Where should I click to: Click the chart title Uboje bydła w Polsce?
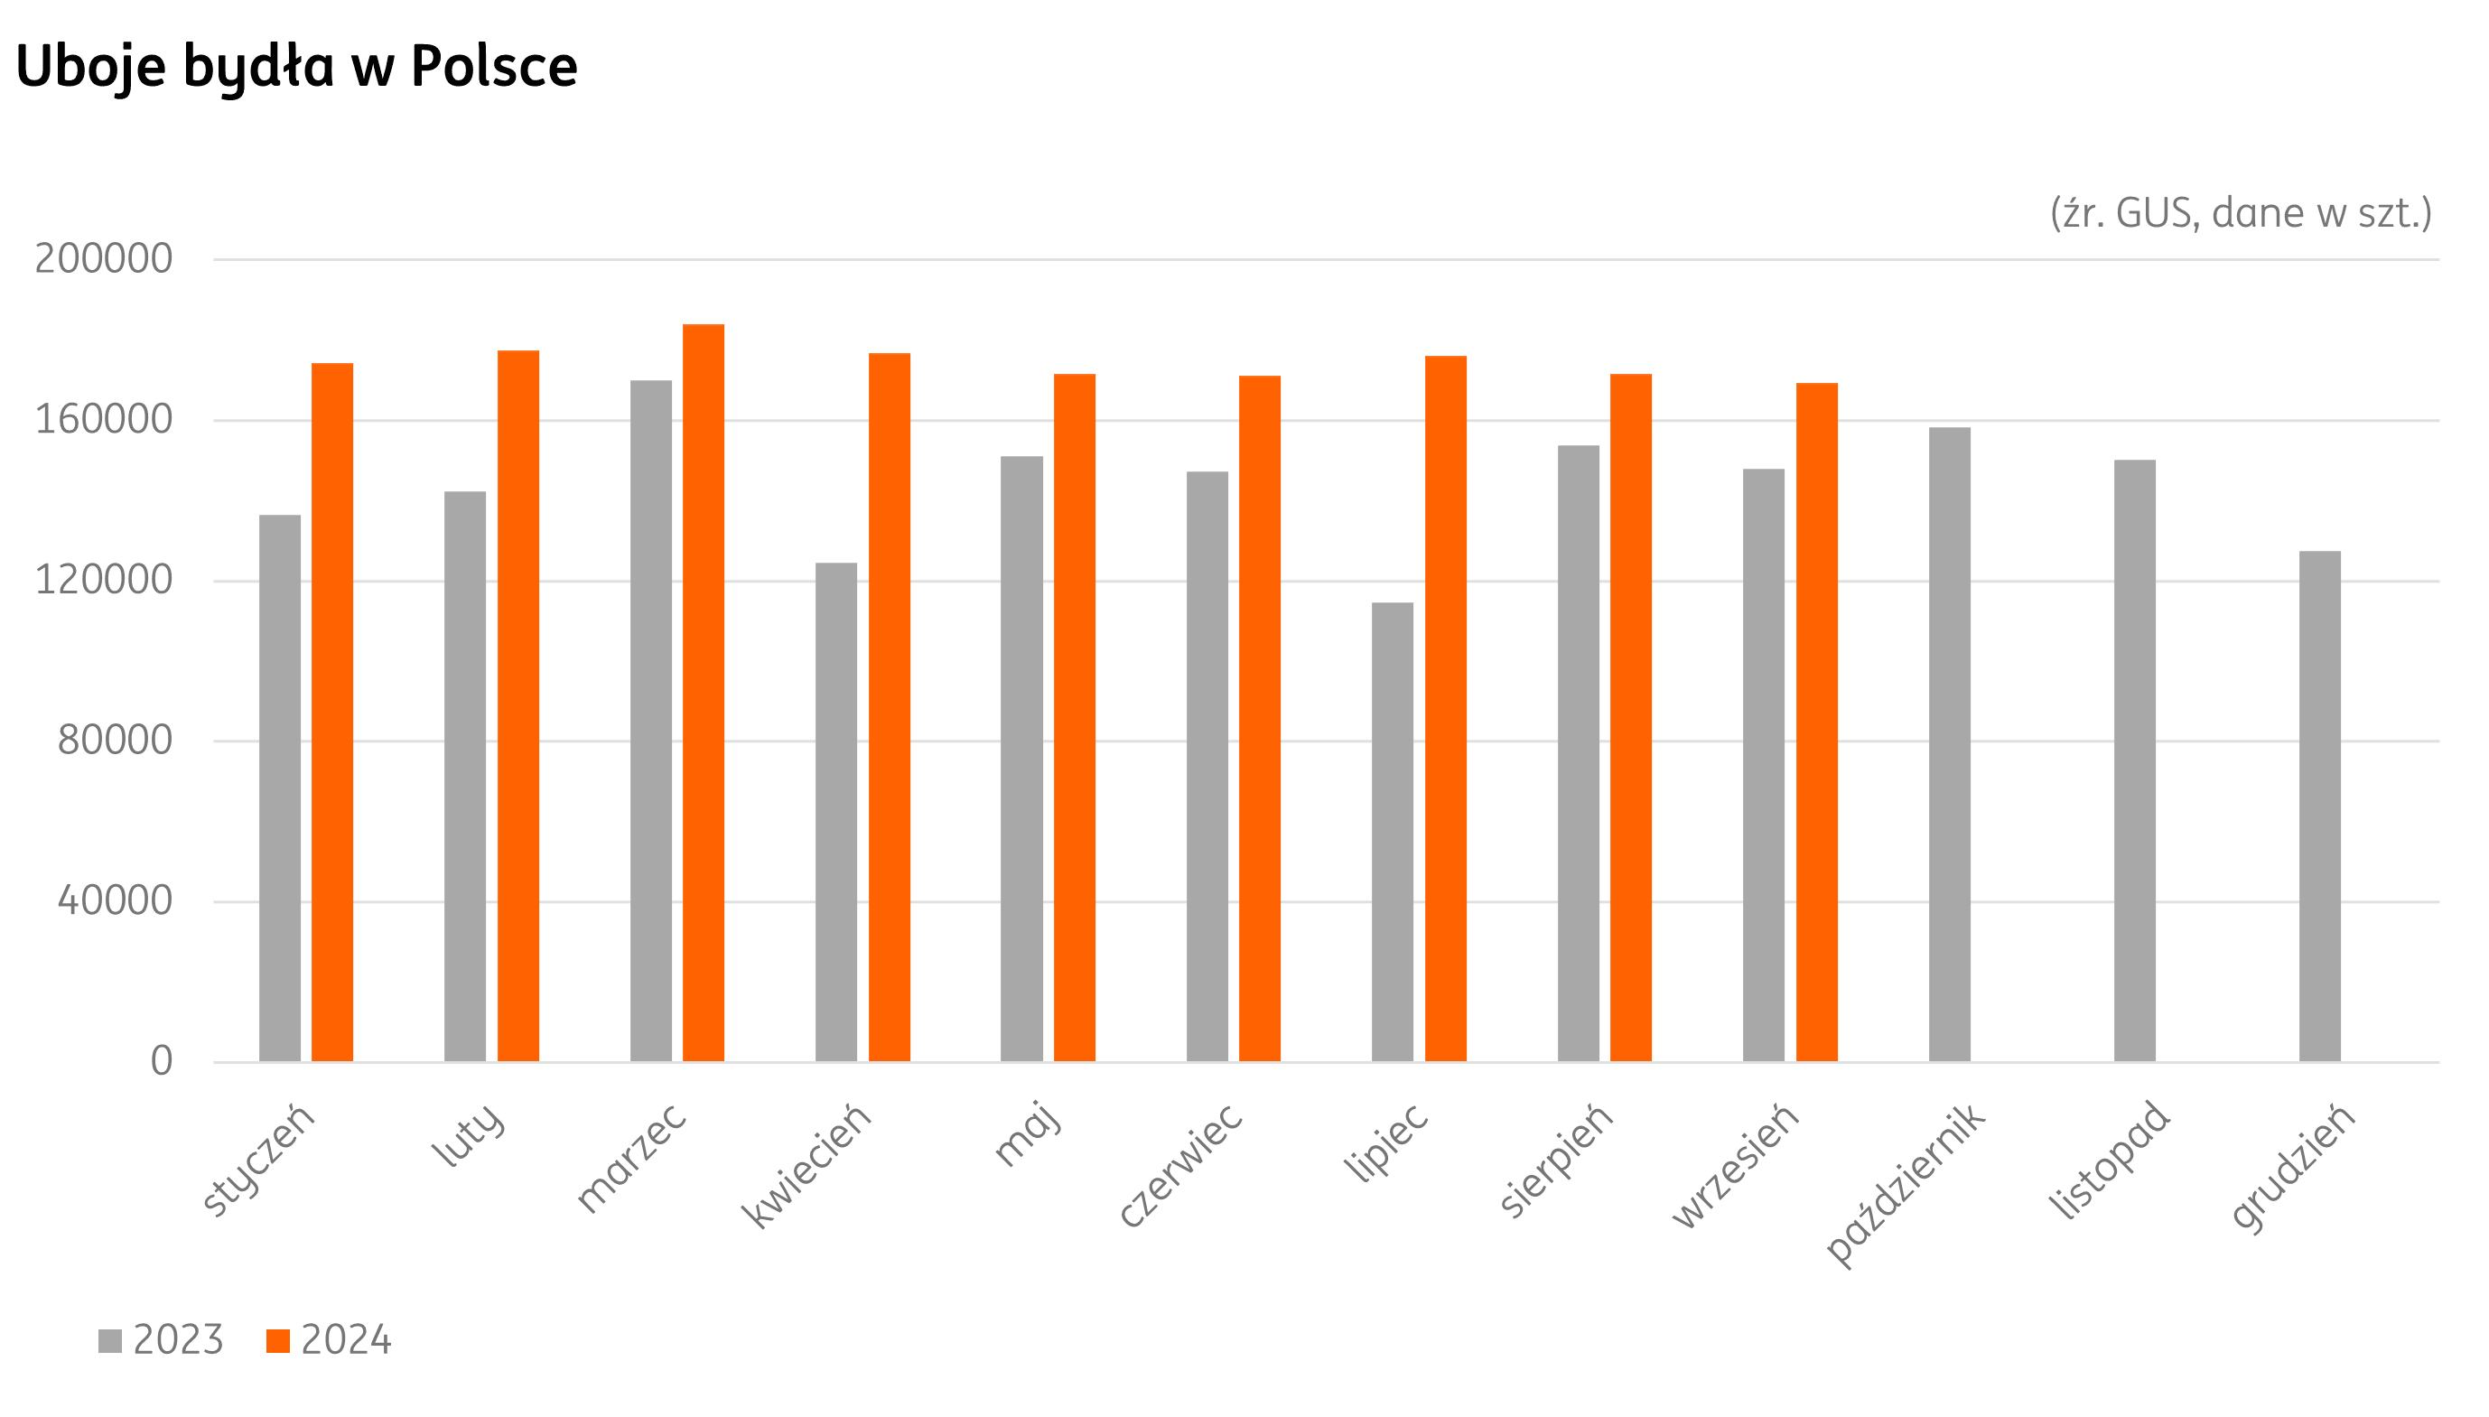coord(297,66)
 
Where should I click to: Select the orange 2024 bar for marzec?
coord(704,692)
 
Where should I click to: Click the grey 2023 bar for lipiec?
coord(1393,831)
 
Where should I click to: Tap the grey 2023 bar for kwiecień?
coord(835,812)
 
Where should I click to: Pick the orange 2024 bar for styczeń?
coord(331,712)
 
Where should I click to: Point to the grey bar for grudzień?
coord(2320,806)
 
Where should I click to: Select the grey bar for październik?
coord(1949,743)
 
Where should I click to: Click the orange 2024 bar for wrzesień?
coord(1817,722)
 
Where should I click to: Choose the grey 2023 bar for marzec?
coord(651,720)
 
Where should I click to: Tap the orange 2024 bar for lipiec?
coord(1445,707)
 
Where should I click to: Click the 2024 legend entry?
coord(329,1340)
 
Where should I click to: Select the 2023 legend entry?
coord(162,1340)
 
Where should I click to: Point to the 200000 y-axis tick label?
coord(104,259)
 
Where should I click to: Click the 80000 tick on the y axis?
coord(115,741)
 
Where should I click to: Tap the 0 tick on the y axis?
coord(162,1061)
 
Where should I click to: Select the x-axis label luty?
coord(469,1133)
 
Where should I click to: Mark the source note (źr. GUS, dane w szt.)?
coord(2240,213)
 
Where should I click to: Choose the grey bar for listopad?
coord(2135,760)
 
